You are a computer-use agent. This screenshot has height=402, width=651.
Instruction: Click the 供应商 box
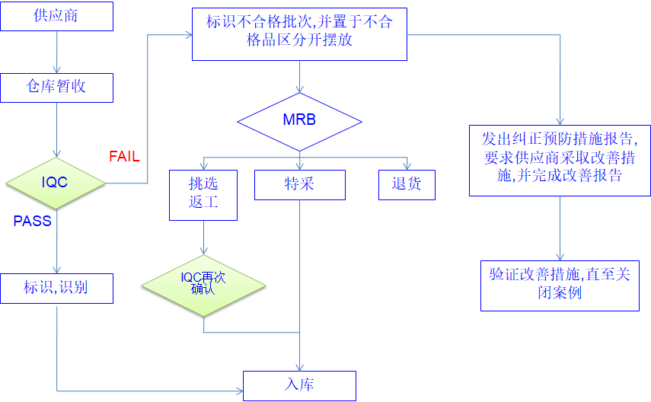(56, 17)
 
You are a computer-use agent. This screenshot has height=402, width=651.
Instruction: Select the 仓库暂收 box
(56, 88)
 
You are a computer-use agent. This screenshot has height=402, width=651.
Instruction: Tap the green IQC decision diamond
(56, 183)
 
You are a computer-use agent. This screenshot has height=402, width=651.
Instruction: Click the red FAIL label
(124, 156)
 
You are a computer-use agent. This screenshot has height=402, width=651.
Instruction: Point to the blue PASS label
(33, 221)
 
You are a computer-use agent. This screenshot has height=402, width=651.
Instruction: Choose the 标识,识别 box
(56, 288)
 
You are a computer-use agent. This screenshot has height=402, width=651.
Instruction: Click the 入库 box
(299, 385)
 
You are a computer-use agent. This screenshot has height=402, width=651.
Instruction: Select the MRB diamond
(299, 120)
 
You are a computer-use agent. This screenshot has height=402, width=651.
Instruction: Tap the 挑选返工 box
(203, 195)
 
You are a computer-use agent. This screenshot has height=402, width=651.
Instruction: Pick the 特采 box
(299, 184)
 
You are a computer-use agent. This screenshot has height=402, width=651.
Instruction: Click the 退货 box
(407, 184)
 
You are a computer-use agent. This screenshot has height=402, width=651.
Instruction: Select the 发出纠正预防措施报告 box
(560, 160)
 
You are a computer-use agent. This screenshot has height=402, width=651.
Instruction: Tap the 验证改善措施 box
(560, 286)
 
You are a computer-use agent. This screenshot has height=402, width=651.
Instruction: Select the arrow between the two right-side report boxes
(560, 228)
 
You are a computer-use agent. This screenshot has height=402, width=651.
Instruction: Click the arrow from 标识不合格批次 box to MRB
(299, 76)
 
